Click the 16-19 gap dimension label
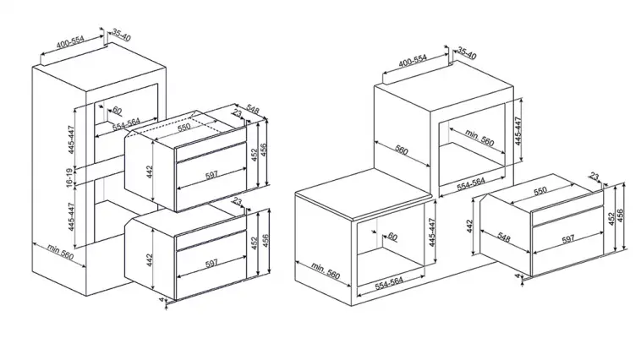pos(69,177)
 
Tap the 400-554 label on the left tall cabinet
pos(70,41)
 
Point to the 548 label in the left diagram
pos(253,110)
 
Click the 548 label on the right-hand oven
pos(503,237)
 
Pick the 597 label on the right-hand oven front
pos(568,239)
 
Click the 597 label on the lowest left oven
pos(211,264)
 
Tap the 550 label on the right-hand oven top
pos(540,191)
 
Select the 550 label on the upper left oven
pos(184,127)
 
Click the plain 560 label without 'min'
pos(402,150)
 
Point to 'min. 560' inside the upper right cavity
pos(479,138)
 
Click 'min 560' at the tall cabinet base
pos(60,252)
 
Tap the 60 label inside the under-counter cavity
pos(392,236)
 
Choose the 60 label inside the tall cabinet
pos(117,111)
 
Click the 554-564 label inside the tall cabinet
pos(126,124)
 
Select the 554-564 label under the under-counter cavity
pos(389,283)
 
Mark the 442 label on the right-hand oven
pos(469,226)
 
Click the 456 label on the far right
pos(620,216)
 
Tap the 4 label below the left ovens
pos(162,300)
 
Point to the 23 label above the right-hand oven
pos(594,177)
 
